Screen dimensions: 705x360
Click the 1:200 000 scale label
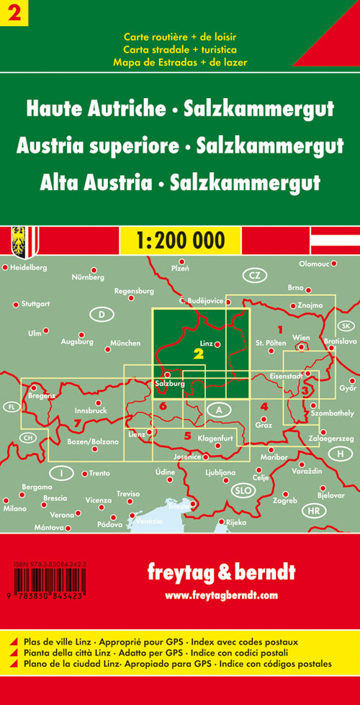pos(179,239)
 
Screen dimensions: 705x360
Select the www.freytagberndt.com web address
pos(220,595)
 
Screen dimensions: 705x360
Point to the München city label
pos(126,343)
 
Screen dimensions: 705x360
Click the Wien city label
pos(302,338)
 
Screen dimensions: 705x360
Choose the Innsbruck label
pos(90,410)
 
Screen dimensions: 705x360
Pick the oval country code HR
pos(313,512)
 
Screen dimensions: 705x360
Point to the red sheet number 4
pos(264,407)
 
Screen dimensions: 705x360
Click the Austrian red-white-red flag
pos(335,238)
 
